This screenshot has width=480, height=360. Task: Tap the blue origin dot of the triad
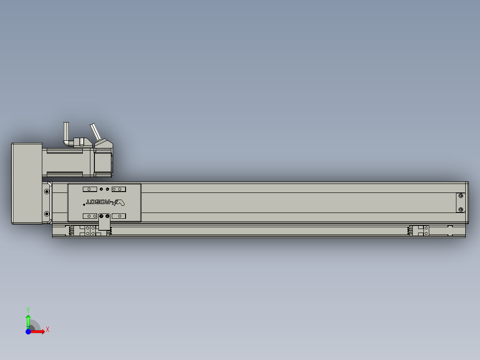[x=28, y=331]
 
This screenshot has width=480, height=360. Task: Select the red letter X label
[x=47, y=329]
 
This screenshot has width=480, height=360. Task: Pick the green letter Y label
[x=28, y=309]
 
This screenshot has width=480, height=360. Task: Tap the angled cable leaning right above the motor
[x=95, y=131]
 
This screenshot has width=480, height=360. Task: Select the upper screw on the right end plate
[x=460, y=196]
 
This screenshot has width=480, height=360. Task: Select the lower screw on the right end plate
[x=460, y=209]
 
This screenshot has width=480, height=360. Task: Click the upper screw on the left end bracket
[x=47, y=192]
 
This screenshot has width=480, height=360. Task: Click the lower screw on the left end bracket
[x=47, y=214]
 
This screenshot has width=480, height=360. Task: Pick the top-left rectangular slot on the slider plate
[x=90, y=189]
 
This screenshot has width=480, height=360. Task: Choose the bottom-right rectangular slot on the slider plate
[x=119, y=216]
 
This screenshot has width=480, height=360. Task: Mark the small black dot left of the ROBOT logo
[x=84, y=205]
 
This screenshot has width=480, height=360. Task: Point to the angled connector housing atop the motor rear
[x=103, y=143]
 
